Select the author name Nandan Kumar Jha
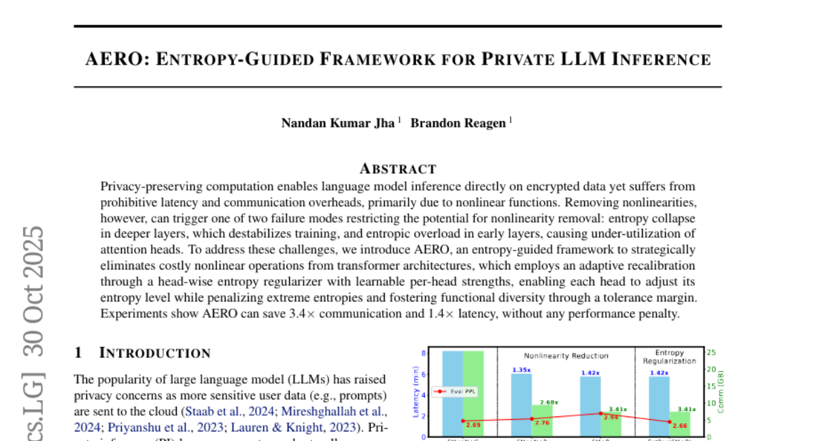point(337,123)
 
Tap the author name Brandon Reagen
point(458,123)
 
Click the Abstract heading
point(398,168)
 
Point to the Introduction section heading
point(155,353)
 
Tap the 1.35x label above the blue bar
point(521,370)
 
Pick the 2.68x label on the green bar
point(549,402)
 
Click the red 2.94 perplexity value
point(609,416)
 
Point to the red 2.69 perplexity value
point(473,425)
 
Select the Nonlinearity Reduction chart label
point(566,355)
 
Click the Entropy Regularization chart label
point(669,357)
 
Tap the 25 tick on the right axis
point(711,353)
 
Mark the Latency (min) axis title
point(415,391)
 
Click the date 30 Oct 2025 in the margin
point(33,287)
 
